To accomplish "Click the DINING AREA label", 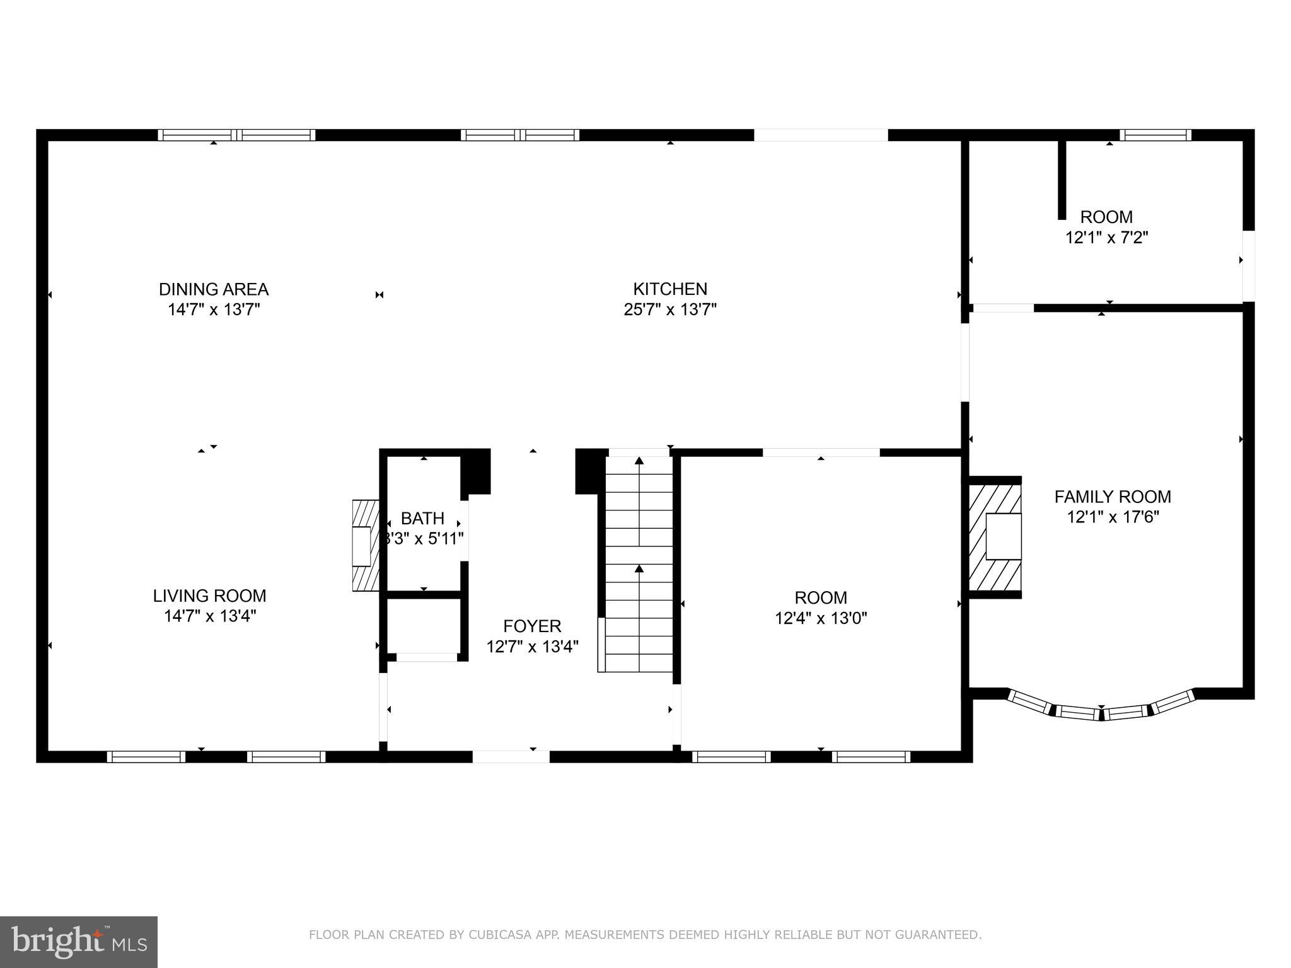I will pos(214,289).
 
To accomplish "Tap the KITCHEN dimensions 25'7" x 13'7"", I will pos(670,309).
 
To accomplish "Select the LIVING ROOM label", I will pos(209,596).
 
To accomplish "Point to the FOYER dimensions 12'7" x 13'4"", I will pos(532,647).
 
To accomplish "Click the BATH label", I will pos(422,518).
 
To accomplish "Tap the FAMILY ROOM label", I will pos(1113,497).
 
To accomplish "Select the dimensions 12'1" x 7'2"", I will pos(1106,238).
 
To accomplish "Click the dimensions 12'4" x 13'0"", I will pos(821,618).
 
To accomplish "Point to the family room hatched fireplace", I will pos(995,537).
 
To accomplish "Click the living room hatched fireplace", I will pos(365,546).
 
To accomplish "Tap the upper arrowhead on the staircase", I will pos(639,461).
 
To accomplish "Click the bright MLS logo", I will pos(78,942).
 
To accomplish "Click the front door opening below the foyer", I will pos(511,757).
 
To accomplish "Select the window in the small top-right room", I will pos(1155,135).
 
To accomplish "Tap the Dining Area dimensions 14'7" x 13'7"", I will pos(214,309).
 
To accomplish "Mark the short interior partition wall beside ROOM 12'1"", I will pos(1062,180).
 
